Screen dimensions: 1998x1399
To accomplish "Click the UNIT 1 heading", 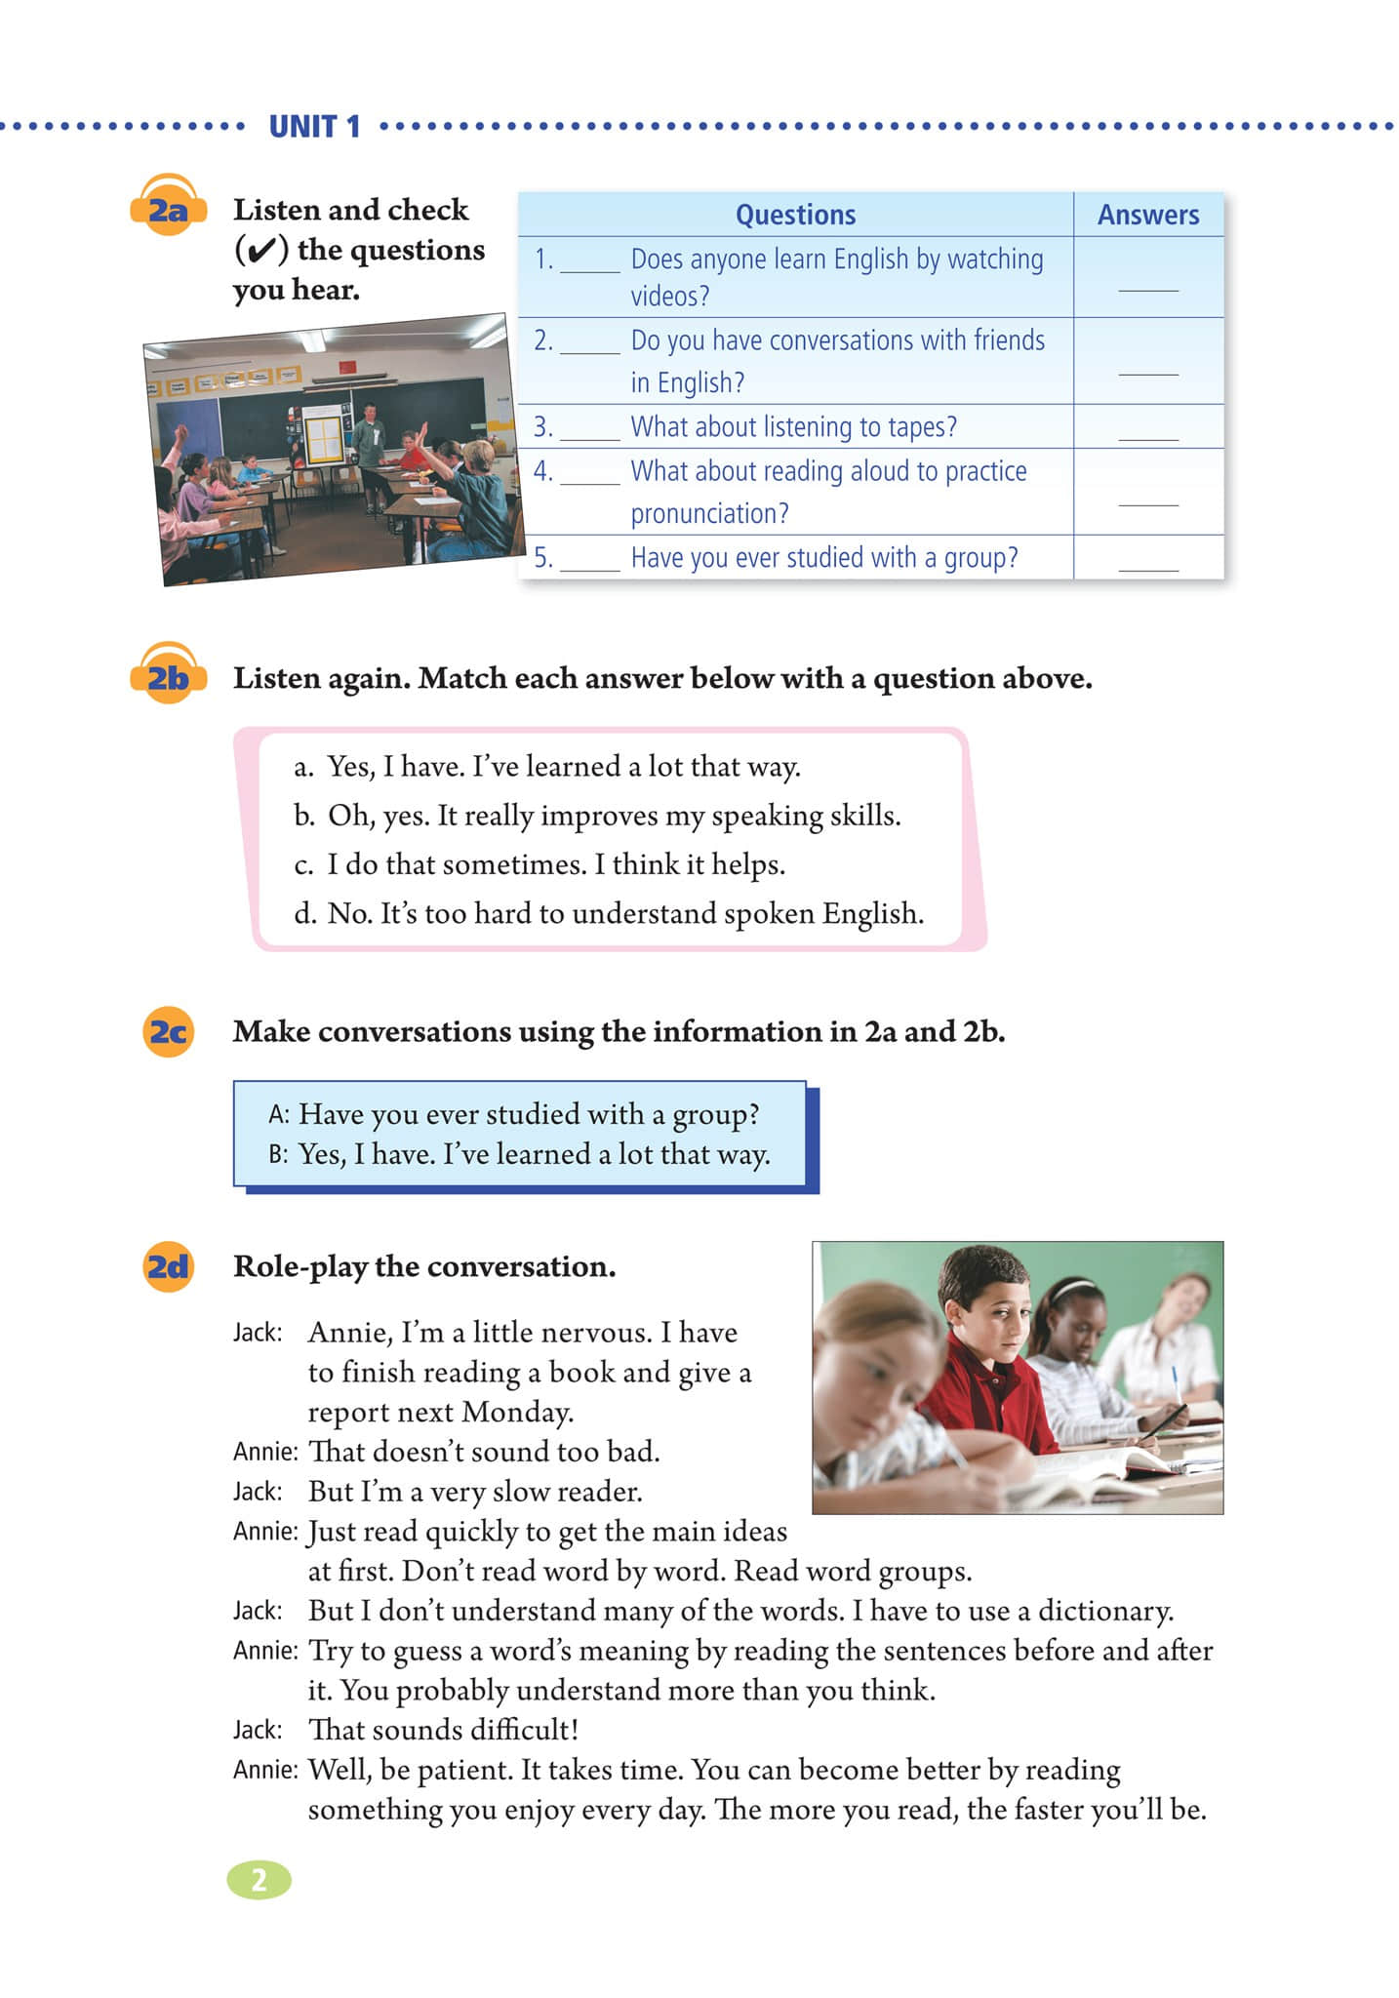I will [x=314, y=127].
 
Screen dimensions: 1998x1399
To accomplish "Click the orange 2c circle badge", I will [x=168, y=1031].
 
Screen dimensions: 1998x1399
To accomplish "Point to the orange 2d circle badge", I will [x=168, y=1266].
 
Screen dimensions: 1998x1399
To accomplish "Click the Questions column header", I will [x=795, y=215].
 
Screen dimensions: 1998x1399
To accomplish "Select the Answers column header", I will [x=1148, y=215].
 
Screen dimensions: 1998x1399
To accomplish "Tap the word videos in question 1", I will [x=669, y=296].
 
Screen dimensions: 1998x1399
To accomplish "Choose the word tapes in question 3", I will [x=921, y=427].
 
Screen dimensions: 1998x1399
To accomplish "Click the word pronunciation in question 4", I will [x=709, y=513].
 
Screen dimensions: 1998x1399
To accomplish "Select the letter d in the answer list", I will [x=304, y=914].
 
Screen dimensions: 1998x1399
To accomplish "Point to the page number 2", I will [x=259, y=1880].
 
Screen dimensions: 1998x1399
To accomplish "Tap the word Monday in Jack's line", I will [x=517, y=1412].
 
